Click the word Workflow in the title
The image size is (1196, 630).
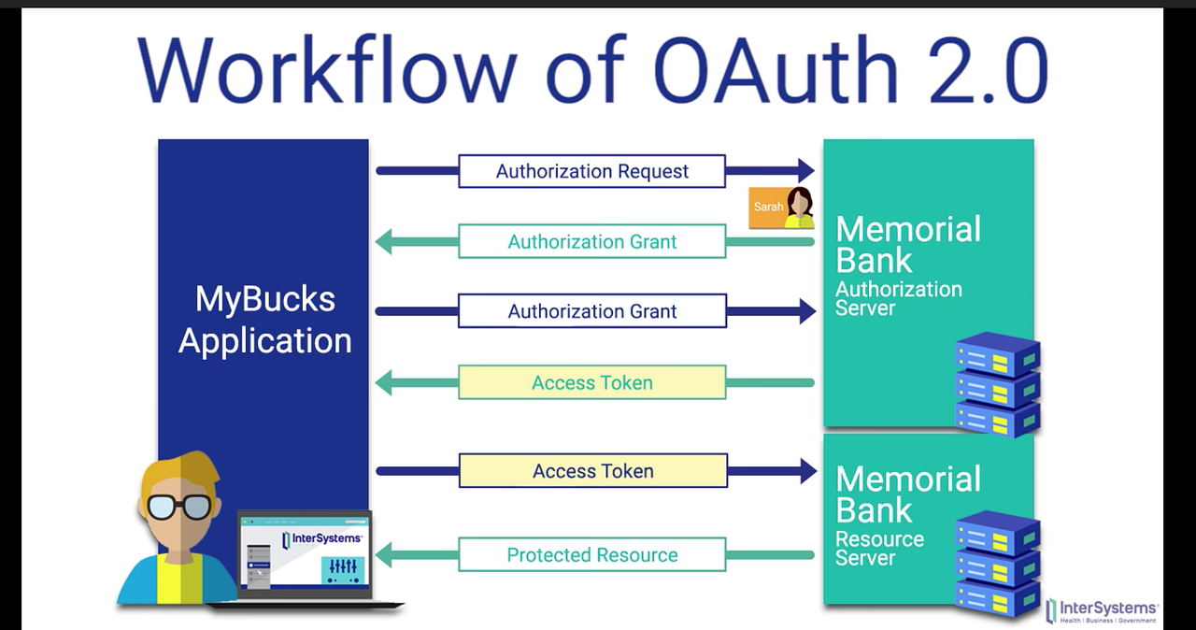tap(327, 71)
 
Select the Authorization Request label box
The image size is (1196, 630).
tap(591, 171)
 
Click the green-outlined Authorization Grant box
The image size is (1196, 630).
tap(591, 242)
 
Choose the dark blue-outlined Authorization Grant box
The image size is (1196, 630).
tap(591, 311)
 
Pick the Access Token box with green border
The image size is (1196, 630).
tap(591, 382)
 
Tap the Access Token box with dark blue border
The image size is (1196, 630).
tap(591, 471)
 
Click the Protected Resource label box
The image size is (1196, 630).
tap(591, 555)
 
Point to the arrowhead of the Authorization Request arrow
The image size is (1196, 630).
tap(806, 171)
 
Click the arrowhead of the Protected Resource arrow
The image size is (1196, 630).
tap(384, 555)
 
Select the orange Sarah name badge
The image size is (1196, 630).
tap(767, 208)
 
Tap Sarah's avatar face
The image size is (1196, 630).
tap(800, 204)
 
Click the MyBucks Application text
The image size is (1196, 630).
tap(264, 320)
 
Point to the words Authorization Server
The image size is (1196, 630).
tap(898, 298)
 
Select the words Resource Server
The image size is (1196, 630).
tap(879, 549)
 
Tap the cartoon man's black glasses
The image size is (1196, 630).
tap(178, 506)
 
